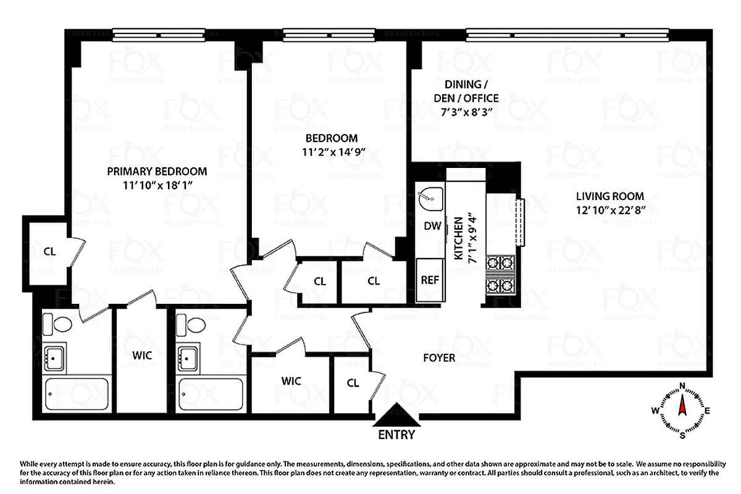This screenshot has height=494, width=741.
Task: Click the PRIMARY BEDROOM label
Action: (x=157, y=171)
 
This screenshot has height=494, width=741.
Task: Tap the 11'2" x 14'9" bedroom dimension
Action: (x=333, y=151)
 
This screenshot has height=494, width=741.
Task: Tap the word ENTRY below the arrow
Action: (x=396, y=435)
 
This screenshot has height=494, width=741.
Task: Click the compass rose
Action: (x=682, y=409)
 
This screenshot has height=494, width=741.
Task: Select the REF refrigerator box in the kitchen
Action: (x=430, y=279)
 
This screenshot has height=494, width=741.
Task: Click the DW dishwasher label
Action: (x=432, y=226)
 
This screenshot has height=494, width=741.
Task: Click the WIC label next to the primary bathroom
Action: (x=141, y=356)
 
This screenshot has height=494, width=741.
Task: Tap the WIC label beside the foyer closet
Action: (x=291, y=380)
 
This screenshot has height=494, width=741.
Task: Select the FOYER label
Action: (x=439, y=358)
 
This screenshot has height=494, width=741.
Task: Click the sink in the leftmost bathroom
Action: (x=54, y=356)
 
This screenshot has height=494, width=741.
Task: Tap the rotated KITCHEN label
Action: (x=463, y=240)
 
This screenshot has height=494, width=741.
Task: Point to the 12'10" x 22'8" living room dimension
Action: (x=610, y=210)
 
